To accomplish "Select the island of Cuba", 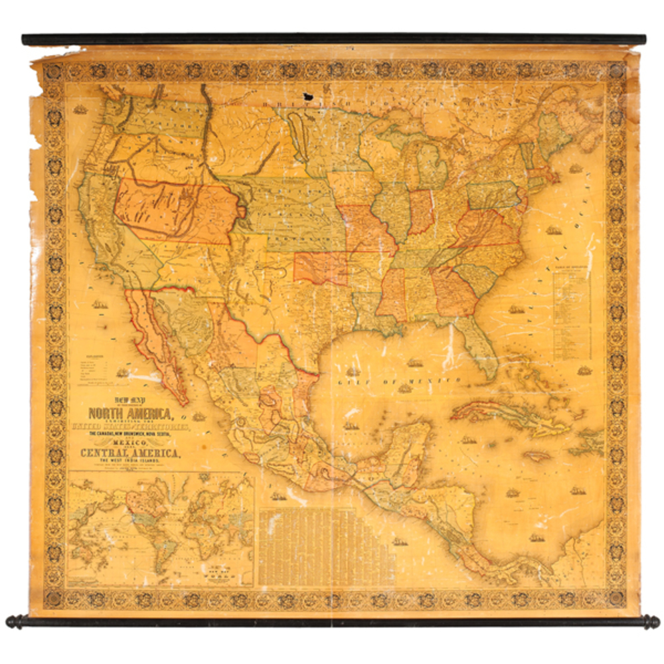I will [x=505, y=415].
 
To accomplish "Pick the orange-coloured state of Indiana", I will [x=420, y=212].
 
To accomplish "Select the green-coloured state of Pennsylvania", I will [x=493, y=195].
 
